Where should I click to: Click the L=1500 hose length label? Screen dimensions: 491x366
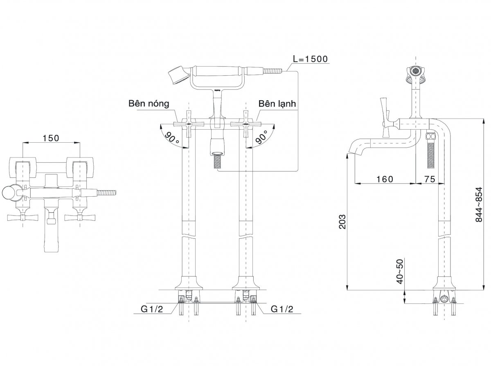click(x=310, y=59)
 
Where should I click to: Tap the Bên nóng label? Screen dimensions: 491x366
click(x=149, y=103)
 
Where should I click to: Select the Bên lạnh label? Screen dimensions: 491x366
click(x=277, y=103)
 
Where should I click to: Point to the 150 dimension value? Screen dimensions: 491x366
click(x=51, y=138)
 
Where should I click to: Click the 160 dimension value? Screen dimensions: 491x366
click(x=385, y=179)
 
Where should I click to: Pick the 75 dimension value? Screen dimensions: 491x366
click(x=430, y=179)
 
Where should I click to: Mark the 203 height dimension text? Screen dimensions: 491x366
click(x=342, y=222)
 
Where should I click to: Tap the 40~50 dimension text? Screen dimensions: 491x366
click(x=400, y=272)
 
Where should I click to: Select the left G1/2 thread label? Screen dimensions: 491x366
click(x=152, y=309)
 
